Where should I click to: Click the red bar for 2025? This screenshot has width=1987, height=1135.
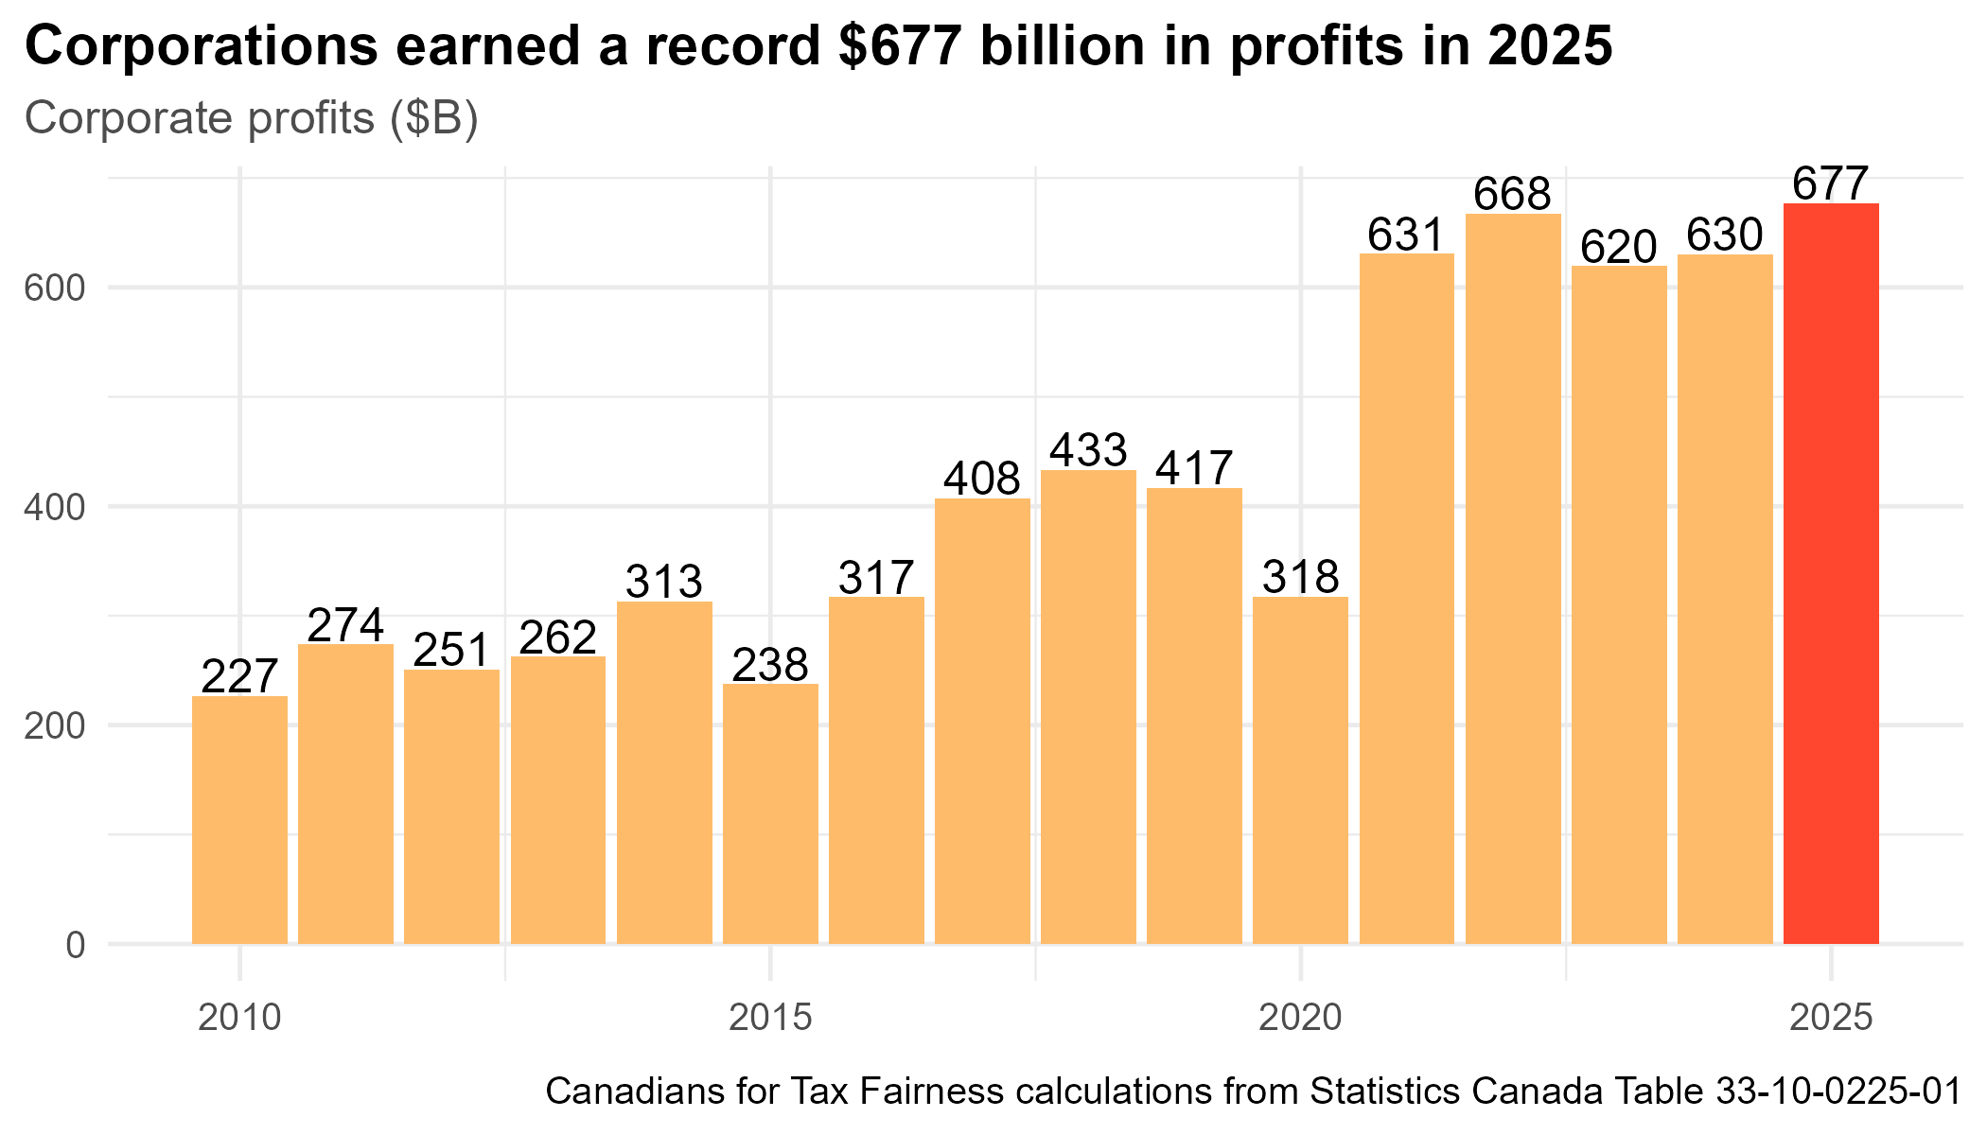click(1831, 573)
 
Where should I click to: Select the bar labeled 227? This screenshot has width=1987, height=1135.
click(239, 819)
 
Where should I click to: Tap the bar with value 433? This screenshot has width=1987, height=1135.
click(1088, 707)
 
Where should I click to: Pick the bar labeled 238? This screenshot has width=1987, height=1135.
click(770, 813)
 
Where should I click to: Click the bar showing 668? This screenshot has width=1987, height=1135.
click(1513, 579)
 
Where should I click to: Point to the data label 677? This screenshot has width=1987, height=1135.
click(1831, 183)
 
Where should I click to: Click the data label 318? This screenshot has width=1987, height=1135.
click(1300, 576)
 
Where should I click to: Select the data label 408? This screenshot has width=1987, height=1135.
click(982, 479)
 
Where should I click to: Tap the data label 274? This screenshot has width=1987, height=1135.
click(345, 624)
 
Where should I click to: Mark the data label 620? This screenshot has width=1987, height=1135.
click(1619, 247)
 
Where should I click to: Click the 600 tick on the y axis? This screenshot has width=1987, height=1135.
click(54, 288)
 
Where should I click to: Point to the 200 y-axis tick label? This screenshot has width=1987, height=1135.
click(54, 725)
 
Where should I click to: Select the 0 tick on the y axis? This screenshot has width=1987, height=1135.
click(75, 945)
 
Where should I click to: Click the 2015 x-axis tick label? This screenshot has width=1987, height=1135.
click(770, 1018)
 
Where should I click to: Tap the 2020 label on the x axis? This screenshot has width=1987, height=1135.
click(1300, 1018)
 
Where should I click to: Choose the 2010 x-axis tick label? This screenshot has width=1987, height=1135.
click(239, 1018)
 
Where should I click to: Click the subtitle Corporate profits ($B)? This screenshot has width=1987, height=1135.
click(251, 119)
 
